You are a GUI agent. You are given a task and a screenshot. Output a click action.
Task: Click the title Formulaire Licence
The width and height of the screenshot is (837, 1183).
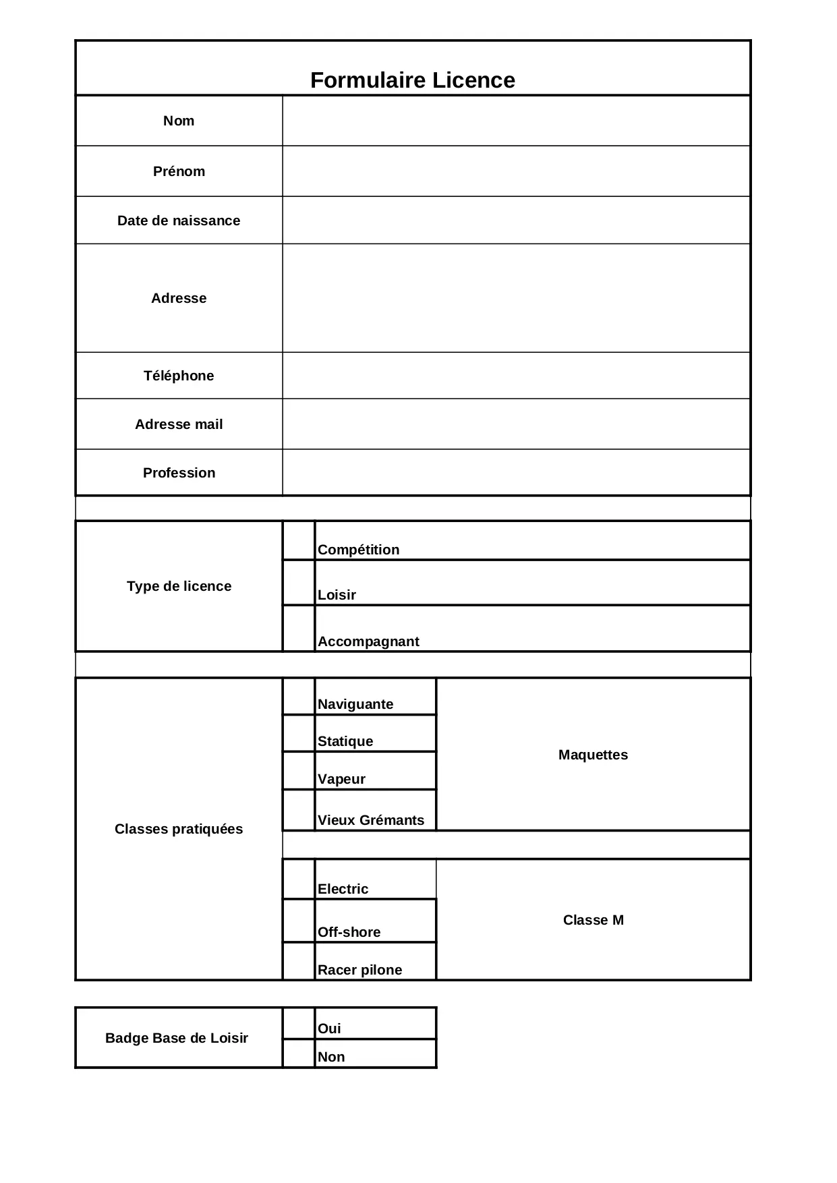pyautogui.click(x=412, y=80)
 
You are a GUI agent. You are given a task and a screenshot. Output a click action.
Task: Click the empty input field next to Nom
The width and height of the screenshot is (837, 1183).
pyautogui.click(x=516, y=121)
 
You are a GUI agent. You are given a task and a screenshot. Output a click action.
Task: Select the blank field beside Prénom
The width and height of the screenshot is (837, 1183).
pyautogui.click(x=516, y=171)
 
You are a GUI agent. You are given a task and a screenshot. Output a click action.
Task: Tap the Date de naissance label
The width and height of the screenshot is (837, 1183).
pyautogui.click(x=179, y=221)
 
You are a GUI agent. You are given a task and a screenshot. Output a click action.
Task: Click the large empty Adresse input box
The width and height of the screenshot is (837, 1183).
pyautogui.click(x=516, y=298)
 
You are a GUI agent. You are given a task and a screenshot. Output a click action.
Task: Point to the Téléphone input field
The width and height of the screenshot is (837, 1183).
pyautogui.click(x=516, y=376)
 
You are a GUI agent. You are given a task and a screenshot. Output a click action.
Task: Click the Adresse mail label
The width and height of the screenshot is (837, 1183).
pyautogui.click(x=179, y=424)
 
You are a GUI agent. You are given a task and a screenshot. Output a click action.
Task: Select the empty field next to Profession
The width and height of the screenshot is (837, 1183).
pyautogui.click(x=516, y=473)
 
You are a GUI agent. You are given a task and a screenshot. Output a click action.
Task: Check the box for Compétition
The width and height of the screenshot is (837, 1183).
pyautogui.click(x=299, y=540)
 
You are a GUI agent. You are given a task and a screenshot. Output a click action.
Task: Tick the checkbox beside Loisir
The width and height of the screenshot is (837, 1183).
pyautogui.click(x=299, y=583)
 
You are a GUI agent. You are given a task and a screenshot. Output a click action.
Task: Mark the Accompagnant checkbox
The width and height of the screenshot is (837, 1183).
pyautogui.click(x=299, y=629)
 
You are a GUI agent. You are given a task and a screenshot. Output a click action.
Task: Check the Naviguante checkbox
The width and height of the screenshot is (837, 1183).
pyautogui.click(x=299, y=697)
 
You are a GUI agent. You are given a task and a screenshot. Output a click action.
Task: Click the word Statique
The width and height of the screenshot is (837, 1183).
pyautogui.click(x=345, y=741)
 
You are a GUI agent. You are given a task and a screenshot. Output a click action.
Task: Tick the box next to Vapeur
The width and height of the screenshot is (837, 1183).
pyautogui.click(x=299, y=771)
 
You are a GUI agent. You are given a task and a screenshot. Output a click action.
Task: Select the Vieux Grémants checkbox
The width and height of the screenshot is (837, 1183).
pyautogui.click(x=299, y=810)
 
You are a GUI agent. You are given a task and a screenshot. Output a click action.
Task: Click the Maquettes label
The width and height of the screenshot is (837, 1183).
pyautogui.click(x=593, y=755)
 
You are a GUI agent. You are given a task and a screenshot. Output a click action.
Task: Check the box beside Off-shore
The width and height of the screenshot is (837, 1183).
pyautogui.click(x=299, y=921)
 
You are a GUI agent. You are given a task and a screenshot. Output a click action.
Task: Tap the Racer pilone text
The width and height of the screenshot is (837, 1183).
pyautogui.click(x=359, y=970)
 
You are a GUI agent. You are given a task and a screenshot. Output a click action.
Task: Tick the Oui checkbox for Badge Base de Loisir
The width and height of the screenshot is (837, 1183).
pyautogui.click(x=299, y=1024)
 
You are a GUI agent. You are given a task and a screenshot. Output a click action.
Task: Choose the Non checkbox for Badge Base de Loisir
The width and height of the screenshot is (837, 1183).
pyautogui.click(x=299, y=1054)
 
